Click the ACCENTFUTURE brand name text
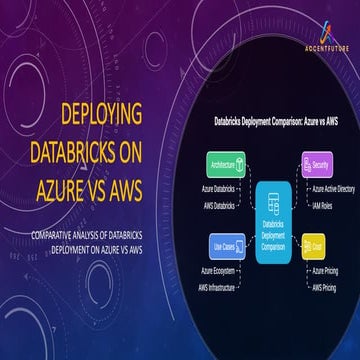coord(321,48)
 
